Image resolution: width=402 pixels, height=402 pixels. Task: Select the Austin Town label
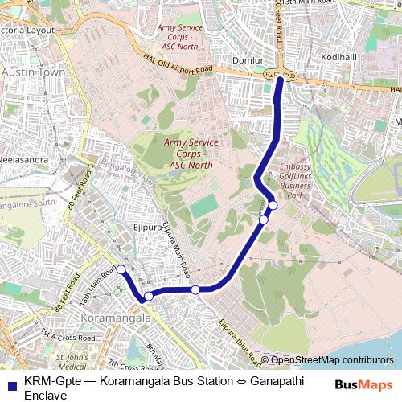(32, 72)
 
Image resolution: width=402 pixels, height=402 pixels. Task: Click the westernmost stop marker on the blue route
(121, 269)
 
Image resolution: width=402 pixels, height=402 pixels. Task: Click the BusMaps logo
(364, 383)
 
